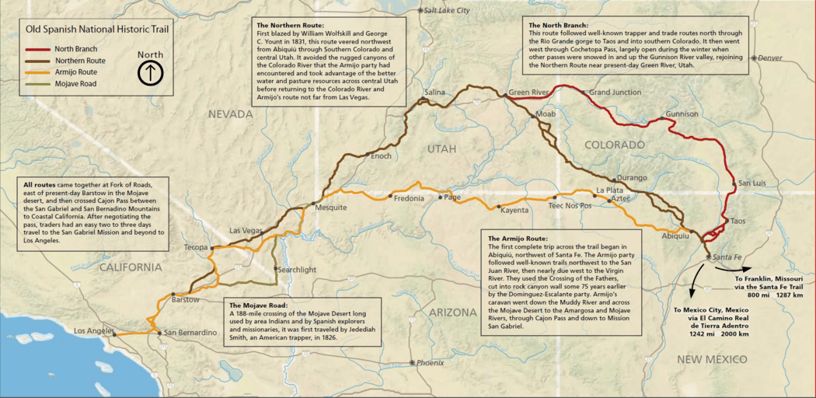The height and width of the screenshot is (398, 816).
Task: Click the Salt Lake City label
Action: [x=447, y=10]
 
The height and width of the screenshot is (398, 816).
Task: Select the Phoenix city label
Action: [x=430, y=363]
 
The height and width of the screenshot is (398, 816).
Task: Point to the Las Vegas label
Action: [x=246, y=231]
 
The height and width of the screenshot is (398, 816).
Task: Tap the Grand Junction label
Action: [x=615, y=93]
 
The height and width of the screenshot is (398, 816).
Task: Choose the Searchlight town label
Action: [x=298, y=269]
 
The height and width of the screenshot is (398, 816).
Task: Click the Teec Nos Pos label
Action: [x=570, y=206]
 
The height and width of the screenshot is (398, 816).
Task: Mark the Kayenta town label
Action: [x=514, y=210]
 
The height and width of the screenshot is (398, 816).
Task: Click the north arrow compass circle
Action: [x=149, y=73]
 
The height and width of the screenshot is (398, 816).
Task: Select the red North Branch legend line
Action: [x=38, y=48]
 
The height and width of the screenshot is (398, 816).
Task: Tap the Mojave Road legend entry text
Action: [x=76, y=82]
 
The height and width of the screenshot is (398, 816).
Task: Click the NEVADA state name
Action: [x=230, y=114]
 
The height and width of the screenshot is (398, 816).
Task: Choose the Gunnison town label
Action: [x=682, y=114]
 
